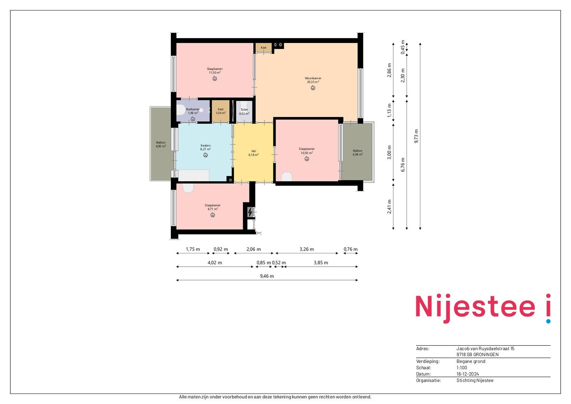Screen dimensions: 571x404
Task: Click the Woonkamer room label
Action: point(313,78)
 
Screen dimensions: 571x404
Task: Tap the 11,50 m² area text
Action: point(215,73)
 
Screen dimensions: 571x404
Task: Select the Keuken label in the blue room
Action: point(205,146)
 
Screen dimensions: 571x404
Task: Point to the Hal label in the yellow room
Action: point(254,151)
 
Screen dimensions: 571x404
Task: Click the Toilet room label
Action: point(244,110)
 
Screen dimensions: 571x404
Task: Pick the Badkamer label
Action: point(193,109)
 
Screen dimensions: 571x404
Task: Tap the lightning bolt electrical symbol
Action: point(250,212)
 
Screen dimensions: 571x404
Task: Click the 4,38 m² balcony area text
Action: point(357,154)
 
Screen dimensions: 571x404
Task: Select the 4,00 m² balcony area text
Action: point(161,146)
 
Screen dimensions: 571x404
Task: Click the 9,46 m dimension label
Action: point(267,276)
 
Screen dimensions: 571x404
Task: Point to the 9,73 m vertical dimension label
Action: point(416,136)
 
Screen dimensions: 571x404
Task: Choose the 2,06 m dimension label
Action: point(254,249)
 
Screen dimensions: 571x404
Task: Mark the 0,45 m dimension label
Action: point(403,47)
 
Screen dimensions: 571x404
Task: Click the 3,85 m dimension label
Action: point(321,263)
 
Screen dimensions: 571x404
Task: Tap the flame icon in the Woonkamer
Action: point(313,88)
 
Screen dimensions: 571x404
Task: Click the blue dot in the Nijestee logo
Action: point(548,321)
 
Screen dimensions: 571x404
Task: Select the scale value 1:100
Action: point(462,368)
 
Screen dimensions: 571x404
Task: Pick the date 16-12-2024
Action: point(468,374)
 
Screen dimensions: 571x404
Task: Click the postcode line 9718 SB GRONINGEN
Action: point(478,355)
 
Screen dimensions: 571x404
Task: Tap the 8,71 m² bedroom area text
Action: point(213,209)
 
